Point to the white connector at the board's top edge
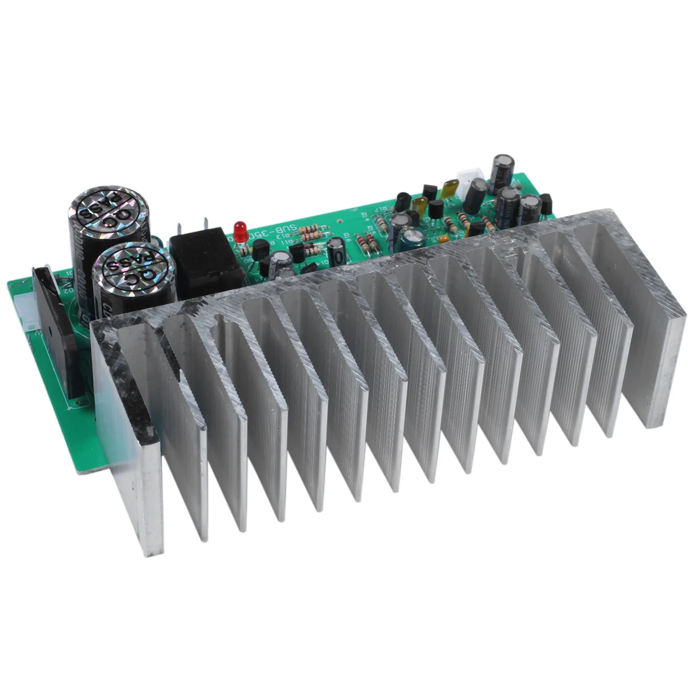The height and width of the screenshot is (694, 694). click(x=470, y=178)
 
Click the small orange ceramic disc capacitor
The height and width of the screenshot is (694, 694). click(x=443, y=239)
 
